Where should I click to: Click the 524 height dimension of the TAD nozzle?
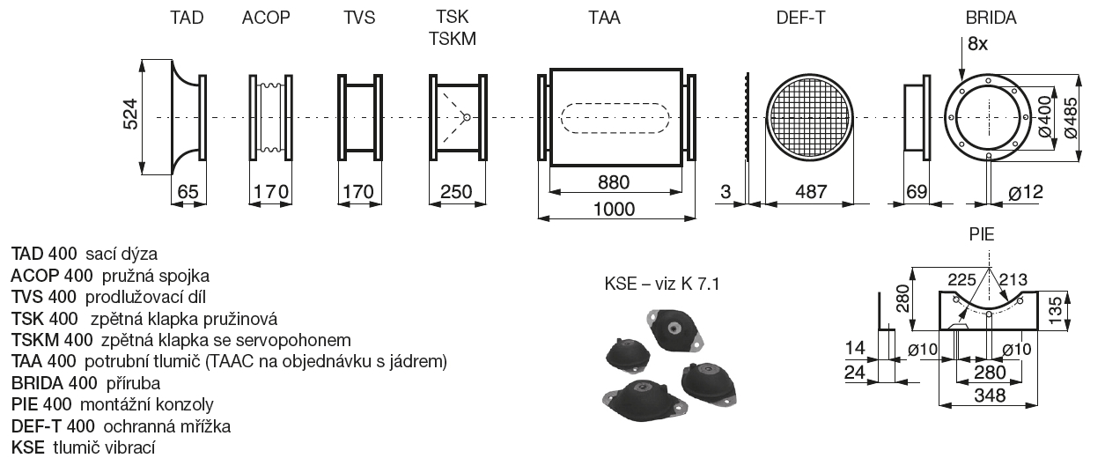[x=130, y=115]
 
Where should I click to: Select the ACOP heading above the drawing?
[x=266, y=18]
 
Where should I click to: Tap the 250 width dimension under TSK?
[x=456, y=191]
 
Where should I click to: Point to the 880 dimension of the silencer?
[x=614, y=182]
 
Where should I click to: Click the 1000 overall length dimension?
[x=615, y=210]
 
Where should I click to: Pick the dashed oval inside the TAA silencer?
[x=615, y=117]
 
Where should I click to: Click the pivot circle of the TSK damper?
[x=466, y=117]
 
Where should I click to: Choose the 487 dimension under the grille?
[x=811, y=191]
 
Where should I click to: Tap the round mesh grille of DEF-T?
[x=809, y=117]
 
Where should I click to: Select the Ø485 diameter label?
[x=1071, y=117]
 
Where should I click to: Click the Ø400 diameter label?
[x=1044, y=117]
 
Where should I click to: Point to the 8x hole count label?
[x=977, y=44]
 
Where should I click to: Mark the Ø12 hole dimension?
[x=1026, y=192]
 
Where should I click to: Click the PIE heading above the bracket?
[x=982, y=234]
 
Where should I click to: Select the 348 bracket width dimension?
[x=990, y=395]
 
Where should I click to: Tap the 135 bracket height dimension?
[x=1054, y=310]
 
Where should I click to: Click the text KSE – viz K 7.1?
[x=662, y=284]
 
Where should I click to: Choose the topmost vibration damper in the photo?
[x=674, y=331]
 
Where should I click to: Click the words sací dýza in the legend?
[x=122, y=255]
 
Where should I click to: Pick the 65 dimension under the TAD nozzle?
[x=188, y=191]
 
